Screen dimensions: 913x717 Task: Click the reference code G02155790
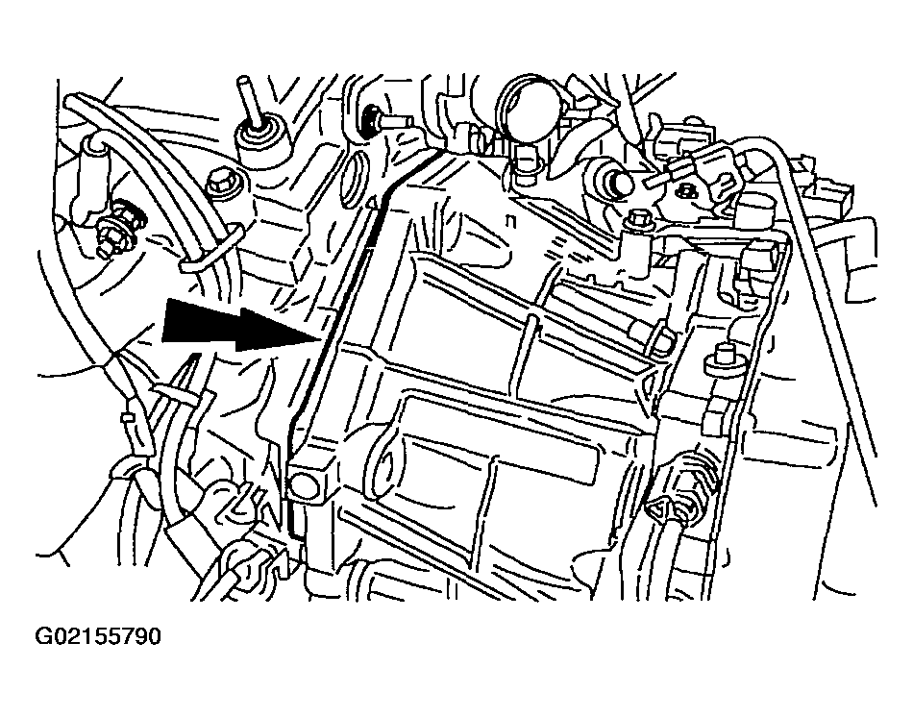click(x=98, y=636)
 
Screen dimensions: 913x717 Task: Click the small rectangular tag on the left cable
click(x=125, y=417)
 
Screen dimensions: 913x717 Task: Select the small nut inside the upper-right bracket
click(x=687, y=189)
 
